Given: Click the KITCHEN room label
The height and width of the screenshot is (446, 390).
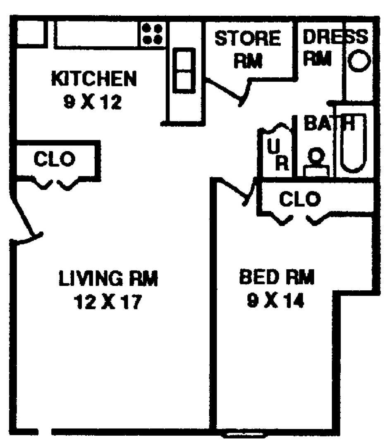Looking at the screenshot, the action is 94,78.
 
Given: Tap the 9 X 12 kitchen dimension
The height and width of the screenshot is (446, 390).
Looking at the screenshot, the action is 93,102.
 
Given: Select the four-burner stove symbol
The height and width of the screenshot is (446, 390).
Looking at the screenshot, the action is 153,34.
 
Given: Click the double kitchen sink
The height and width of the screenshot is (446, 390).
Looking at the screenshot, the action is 184,71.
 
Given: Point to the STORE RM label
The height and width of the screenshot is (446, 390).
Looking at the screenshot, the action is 248,50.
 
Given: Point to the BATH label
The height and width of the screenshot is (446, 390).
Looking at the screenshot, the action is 329,123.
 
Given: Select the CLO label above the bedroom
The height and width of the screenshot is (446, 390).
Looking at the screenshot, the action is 300,199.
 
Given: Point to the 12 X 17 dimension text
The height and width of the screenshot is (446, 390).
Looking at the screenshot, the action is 108,302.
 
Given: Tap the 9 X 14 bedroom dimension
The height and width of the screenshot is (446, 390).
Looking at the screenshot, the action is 275,301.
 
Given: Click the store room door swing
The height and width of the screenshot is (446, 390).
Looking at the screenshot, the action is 228,91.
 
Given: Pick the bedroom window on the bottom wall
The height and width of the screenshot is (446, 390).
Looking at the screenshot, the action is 244,435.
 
